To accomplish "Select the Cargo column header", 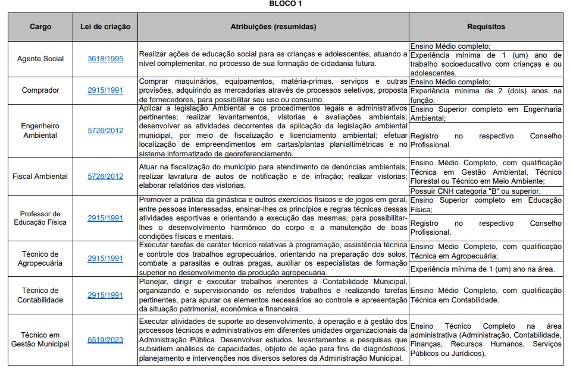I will point(40,27).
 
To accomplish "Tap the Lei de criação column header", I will point(105,27).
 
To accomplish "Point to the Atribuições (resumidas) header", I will point(273,27).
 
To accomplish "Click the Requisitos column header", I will point(486,27).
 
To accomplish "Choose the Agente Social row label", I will point(40,59).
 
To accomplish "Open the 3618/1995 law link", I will point(105,59).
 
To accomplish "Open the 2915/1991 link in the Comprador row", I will point(105,90).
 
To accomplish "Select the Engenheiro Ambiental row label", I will point(40,131).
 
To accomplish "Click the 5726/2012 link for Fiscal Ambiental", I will point(105,177).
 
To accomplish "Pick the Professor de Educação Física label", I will point(40,218).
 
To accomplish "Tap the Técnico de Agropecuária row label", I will point(40,259).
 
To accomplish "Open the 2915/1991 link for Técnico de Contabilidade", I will point(105,295).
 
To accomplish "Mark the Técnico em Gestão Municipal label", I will point(40,340).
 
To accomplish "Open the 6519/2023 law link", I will point(105,340).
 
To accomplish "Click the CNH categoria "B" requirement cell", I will point(475,191).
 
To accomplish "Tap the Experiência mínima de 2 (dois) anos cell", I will point(486,95).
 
